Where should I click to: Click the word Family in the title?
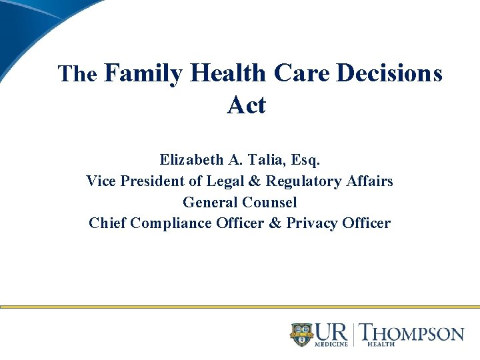143,73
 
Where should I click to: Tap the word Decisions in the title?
389,73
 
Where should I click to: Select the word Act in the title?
246,105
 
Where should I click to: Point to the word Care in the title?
300,73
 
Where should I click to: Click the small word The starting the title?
77,74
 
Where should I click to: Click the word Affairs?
370,181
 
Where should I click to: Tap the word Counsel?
269,202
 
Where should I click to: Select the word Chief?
107,223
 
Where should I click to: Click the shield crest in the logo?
301,334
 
